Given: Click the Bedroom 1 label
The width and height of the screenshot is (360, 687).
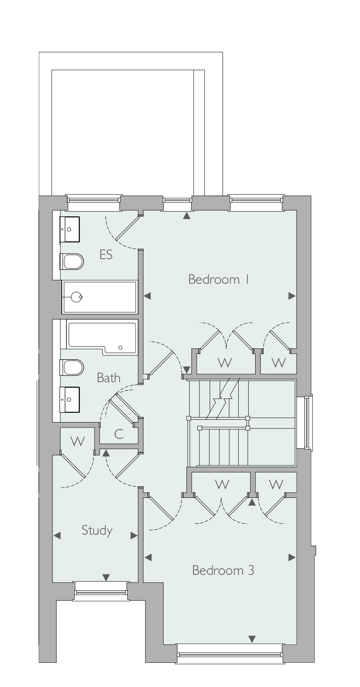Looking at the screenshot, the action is click(x=218, y=279).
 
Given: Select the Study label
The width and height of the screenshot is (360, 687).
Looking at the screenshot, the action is click(x=97, y=530).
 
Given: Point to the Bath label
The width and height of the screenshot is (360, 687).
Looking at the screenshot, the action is click(x=108, y=377).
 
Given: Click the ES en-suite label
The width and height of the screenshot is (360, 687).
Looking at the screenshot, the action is click(x=106, y=255).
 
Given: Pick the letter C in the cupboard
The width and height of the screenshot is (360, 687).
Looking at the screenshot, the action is click(x=119, y=434).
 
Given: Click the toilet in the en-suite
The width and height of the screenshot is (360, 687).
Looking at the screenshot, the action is click(x=72, y=262).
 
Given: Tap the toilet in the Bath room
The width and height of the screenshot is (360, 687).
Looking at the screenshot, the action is click(x=72, y=367).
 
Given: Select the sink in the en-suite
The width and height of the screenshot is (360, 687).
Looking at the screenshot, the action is click(x=70, y=229).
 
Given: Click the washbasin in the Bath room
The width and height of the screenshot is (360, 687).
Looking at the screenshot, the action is click(x=70, y=399).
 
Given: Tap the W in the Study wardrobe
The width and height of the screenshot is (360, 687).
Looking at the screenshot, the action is click(x=78, y=441).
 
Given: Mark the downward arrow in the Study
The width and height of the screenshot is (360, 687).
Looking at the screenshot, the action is click(x=106, y=577).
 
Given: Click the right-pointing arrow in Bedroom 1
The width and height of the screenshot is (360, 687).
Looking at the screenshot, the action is click(x=292, y=296).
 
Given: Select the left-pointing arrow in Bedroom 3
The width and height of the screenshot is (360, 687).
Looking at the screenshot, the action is click(x=148, y=557).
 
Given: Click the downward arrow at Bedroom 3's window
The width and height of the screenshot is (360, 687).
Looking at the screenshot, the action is click(x=252, y=639).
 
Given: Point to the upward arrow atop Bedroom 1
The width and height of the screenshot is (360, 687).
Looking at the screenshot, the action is click(x=186, y=216).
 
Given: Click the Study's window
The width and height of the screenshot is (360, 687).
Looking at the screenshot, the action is click(x=101, y=592).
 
